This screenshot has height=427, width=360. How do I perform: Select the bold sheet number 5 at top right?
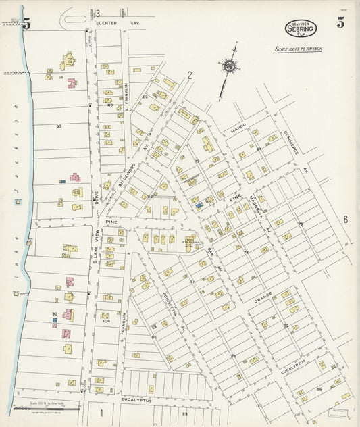[341, 23]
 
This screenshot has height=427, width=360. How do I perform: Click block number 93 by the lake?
[59, 126]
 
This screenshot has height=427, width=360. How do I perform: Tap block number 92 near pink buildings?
[55, 313]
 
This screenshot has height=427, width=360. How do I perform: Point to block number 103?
[108, 105]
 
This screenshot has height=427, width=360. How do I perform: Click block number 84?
[318, 389]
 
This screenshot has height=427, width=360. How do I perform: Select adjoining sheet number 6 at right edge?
[344, 219]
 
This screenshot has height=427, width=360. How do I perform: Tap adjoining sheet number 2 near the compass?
[190, 76]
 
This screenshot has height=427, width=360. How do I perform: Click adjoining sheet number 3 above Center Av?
[97, 14]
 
